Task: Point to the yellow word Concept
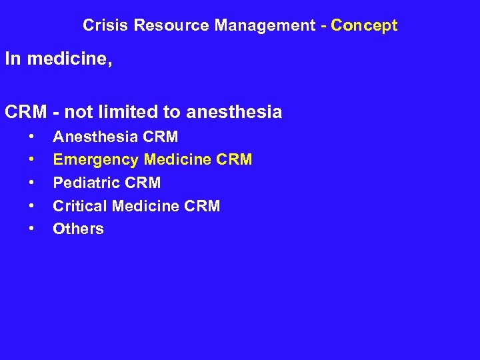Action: click(364, 26)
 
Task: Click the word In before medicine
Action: click(12, 59)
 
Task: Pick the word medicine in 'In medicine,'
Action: click(69, 59)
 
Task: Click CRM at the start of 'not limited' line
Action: click(25, 112)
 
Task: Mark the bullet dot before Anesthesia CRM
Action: click(31, 137)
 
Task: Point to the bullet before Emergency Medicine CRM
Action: click(31, 160)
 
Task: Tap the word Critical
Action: click(80, 206)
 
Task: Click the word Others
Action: click(78, 229)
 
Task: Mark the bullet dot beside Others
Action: click(31, 229)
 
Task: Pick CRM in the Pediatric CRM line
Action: click(143, 183)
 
